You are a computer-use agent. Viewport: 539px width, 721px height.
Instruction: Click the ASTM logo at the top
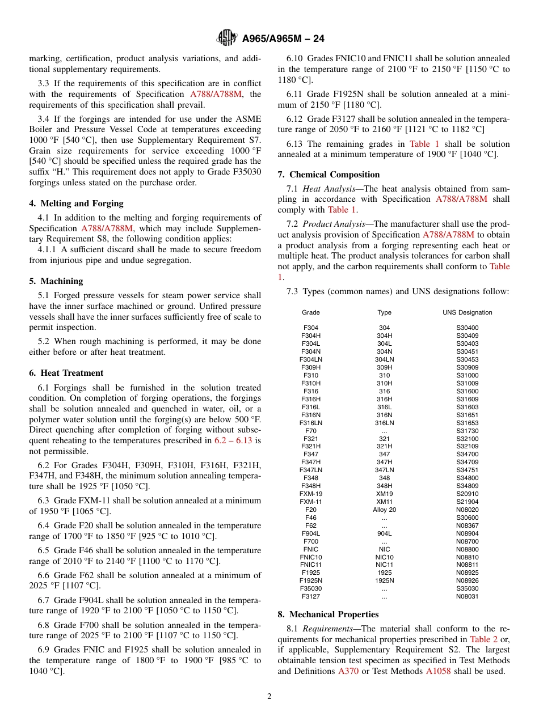tap(227, 39)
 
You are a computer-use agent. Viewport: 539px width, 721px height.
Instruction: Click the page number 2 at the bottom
tap(269, 697)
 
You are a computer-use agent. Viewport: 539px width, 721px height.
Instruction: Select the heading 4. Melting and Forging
tap(76, 203)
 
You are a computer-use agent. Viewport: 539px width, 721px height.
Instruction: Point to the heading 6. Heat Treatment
tap(66, 373)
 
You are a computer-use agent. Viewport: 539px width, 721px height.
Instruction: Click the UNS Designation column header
tap(467, 312)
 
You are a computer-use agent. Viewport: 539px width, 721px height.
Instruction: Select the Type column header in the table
tap(384, 312)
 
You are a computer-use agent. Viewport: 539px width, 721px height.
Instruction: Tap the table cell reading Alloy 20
tap(384, 510)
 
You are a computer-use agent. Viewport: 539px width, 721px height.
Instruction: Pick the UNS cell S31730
tap(467, 431)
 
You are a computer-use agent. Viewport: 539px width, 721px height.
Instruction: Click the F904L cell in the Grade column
tap(310, 533)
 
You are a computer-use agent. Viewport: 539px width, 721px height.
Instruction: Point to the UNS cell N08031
tap(467, 596)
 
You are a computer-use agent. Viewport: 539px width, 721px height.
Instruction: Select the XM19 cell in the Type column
tap(384, 494)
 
